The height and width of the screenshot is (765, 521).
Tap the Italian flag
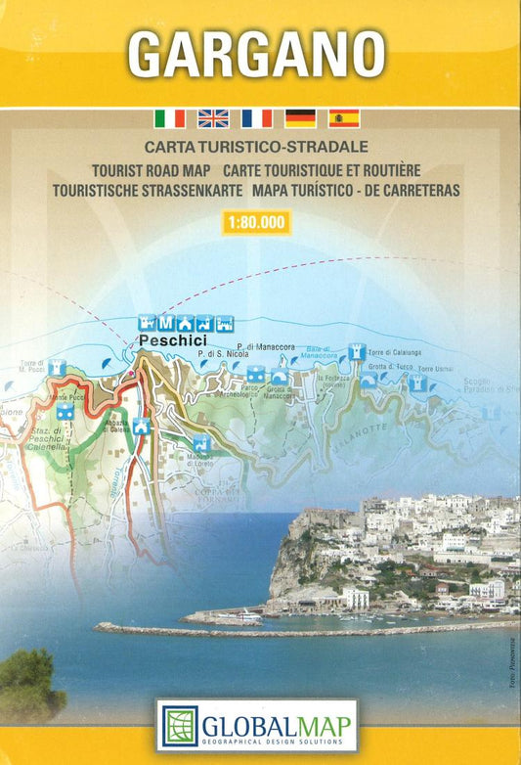click(x=169, y=118)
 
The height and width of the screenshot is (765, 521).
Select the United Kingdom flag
click(x=213, y=118)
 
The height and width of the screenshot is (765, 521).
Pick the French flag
click(x=256, y=118)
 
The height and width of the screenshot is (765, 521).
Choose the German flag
click(x=300, y=118)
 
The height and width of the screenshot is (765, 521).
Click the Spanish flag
click(x=344, y=118)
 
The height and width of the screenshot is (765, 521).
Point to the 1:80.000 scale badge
click(x=256, y=222)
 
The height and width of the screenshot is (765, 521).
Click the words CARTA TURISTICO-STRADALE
click(x=256, y=148)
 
